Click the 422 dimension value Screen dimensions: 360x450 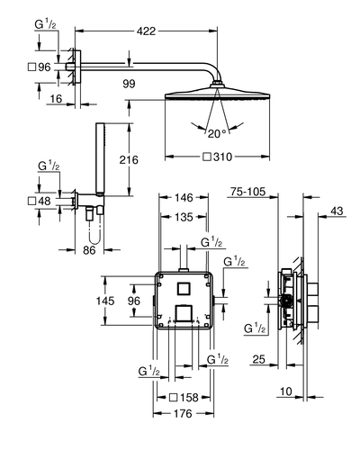146,31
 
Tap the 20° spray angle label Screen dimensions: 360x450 217,134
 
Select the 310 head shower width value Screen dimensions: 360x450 222,157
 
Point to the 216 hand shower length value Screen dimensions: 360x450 129,160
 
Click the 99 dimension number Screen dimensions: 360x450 129,84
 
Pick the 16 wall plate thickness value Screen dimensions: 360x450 56,99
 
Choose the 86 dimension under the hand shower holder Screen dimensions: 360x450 89,250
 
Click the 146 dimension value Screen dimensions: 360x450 184,198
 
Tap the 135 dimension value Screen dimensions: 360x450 184,217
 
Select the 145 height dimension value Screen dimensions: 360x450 105,301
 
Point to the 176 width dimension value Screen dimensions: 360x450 183,414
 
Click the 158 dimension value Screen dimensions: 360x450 189,398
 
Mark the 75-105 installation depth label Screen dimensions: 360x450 247,192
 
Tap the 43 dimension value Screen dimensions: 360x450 337,211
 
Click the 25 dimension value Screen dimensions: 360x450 258,359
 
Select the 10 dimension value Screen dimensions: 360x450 286,391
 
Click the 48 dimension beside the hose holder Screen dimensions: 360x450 44,201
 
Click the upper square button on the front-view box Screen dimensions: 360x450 183,289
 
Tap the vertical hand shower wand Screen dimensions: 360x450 100,158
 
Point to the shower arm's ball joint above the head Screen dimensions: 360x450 217,84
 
